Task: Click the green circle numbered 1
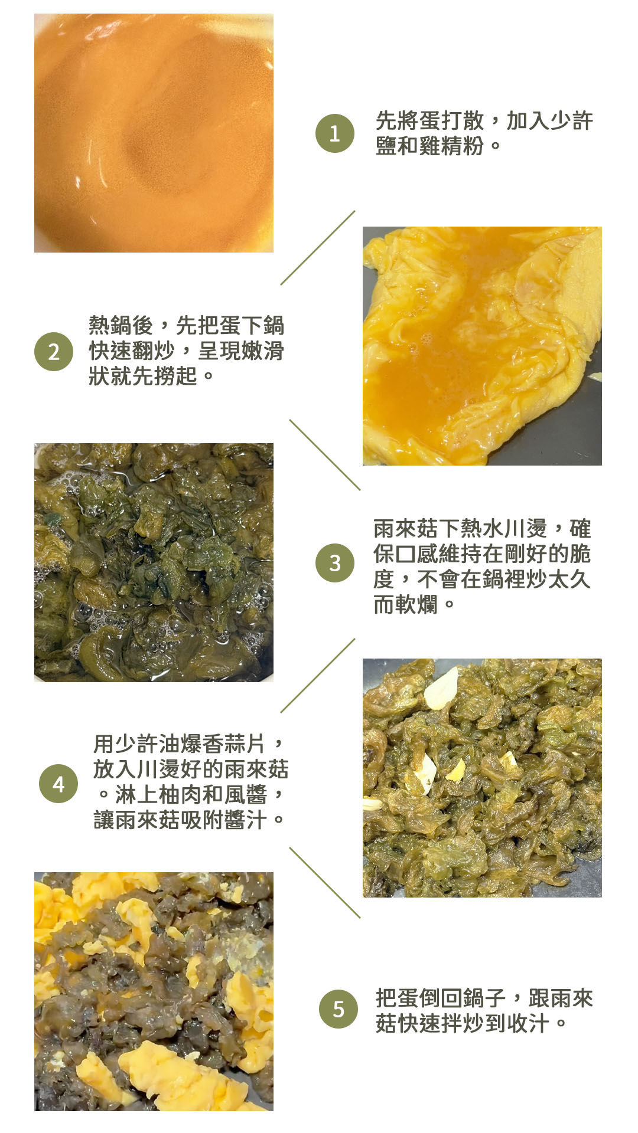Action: click(x=335, y=133)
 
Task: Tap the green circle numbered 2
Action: click(x=54, y=352)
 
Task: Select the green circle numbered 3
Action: click(x=335, y=563)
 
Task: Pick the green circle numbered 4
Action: click(x=58, y=784)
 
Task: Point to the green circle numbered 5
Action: click(x=338, y=1009)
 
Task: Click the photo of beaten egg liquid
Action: click(x=154, y=133)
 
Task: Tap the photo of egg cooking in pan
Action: click(x=482, y=346)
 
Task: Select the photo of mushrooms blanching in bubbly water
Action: click(x=154, y=562)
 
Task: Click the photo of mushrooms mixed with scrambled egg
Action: click(x=154, y=991)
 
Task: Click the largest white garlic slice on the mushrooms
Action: click(x=442, y=687)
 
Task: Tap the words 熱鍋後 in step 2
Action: click(x=121, y=325)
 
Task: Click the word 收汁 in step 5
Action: click(x=528, y=1023)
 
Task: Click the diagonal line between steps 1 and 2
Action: click(x=318, y=248)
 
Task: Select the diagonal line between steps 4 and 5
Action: click(x=324, y=883)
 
